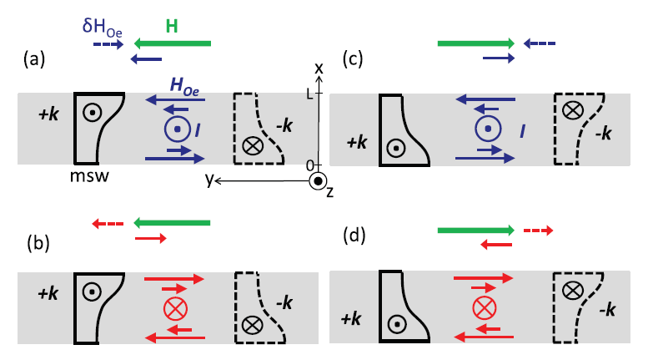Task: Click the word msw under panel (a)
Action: coord(90,176)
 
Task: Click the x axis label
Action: coord(319,67)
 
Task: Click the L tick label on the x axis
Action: coord(309,94)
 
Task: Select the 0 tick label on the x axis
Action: coord(309,164)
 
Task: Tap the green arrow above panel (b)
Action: coord(172,223)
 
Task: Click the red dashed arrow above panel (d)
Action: coord(537,230)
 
